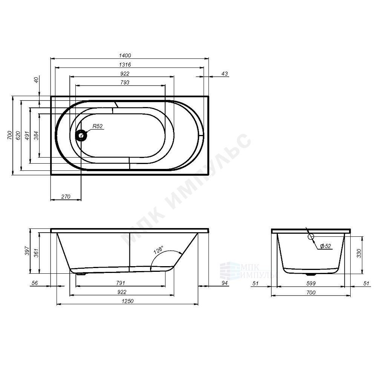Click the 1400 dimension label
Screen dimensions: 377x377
[x=125, y=55]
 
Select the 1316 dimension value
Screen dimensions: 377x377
[x=125, y=65]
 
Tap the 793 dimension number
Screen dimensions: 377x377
[x=125, y=83]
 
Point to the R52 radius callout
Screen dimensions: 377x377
[x=98, y=126]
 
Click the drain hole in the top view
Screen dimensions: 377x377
[x=81, y=136]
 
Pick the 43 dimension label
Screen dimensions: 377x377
[x=224, y=74]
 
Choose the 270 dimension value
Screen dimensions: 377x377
[x=66, y=197]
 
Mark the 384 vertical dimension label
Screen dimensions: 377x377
[x=36, y=136]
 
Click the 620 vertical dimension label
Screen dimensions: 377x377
[x=18, y=136]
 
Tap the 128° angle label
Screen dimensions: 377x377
[x=158, y=250]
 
